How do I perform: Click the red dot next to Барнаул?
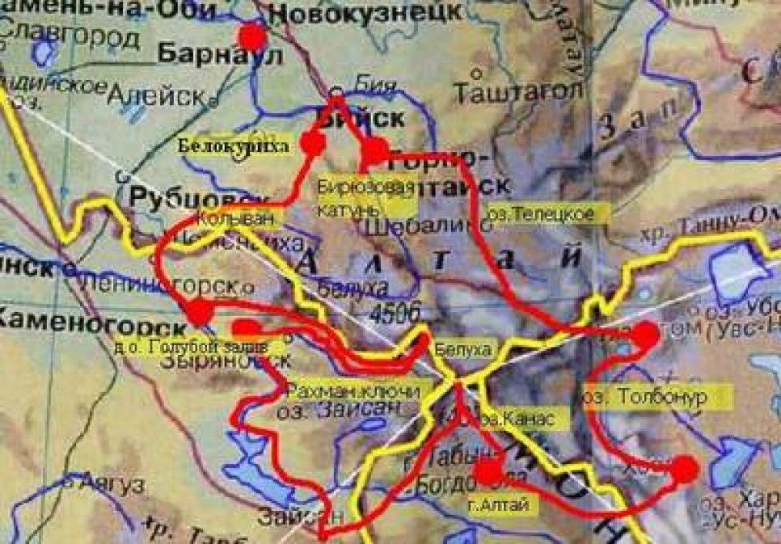click(x=253, y=36)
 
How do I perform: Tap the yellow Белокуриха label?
click(x=233, y=145)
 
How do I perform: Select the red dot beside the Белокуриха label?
click(x=312, y=142)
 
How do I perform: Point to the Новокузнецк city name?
click(x=365, y=13)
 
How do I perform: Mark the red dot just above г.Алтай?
click(x=488, y=472)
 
